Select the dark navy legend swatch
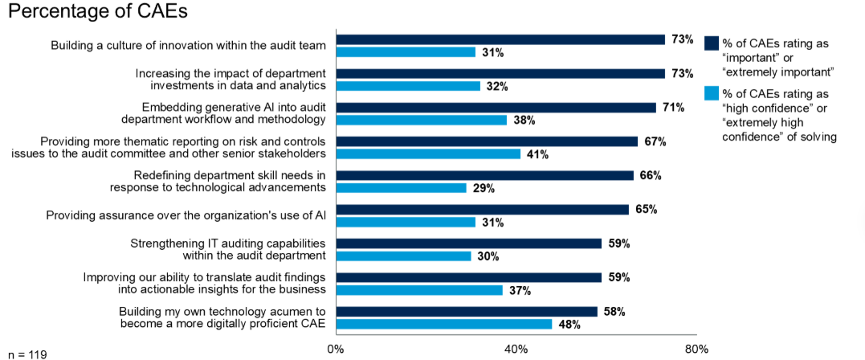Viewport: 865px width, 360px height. (x=711, y=44)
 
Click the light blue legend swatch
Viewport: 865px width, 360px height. (x=711, y=94)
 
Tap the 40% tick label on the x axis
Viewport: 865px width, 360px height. (x=516, y=349)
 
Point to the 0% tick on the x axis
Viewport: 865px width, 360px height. (x=336, y=349)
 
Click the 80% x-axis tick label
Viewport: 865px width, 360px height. (x=696, y=349)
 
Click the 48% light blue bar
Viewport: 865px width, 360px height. (x=443, y=324)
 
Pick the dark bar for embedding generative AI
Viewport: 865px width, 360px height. (x=496, y=107)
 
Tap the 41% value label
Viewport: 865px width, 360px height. (x=537, y=154)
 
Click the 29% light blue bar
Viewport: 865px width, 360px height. (x=401, y=188)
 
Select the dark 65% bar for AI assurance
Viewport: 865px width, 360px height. (x=482, y=210)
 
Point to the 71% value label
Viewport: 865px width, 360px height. (x=672, y=107)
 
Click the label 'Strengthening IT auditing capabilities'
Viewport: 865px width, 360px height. (x=228, y=243)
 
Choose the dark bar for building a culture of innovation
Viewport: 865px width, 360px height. (x=500, y=39)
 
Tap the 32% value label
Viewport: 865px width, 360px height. (x=496, y=86)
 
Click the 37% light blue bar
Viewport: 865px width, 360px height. (x=418, y=290)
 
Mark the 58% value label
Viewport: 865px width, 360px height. (x=614, y=311)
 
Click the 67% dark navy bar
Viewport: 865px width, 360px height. (x=487, y=141)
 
